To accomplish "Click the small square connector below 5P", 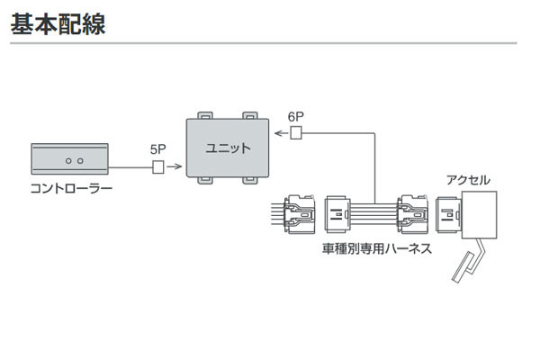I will (x=158, y=166).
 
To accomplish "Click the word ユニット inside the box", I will (x=229, y=148).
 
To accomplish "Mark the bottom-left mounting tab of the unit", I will (x=205, y=181).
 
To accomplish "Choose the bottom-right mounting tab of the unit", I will (x=251, y=181).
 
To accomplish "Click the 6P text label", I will (x=296, y=116).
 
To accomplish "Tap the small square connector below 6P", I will (x=296, y=135).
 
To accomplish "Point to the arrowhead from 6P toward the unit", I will (x=277, y=135).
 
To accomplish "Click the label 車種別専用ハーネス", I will (x=375, y=247).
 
